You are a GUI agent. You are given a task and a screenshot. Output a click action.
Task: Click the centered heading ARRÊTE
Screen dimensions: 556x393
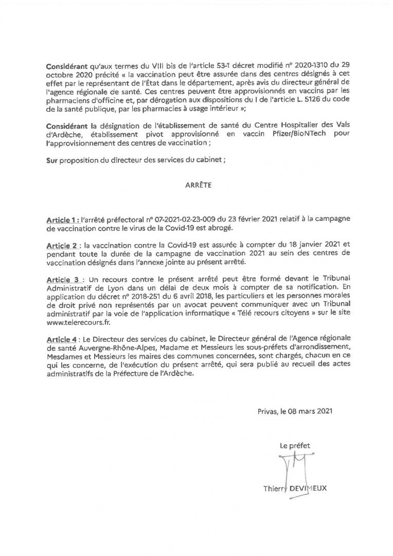(195, 182)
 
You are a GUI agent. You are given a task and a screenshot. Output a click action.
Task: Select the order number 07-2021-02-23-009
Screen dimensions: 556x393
(179, 220)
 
